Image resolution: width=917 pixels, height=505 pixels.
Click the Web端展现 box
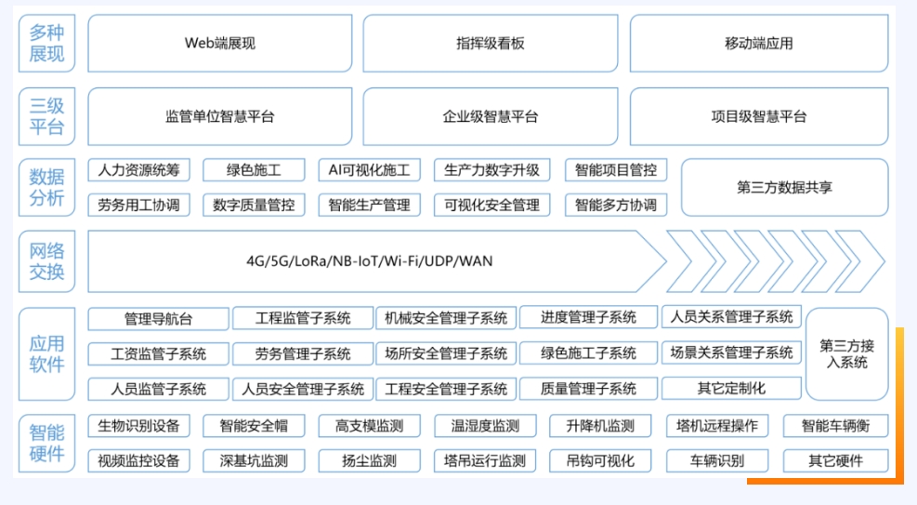220,43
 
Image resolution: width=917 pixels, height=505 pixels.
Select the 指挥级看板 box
491,43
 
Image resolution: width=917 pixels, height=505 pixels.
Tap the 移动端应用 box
759,43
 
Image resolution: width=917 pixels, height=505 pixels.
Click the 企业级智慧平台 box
491,117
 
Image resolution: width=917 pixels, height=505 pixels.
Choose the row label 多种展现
47,43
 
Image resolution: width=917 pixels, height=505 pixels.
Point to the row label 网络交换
47,261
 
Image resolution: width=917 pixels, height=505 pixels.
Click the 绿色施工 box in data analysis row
254,170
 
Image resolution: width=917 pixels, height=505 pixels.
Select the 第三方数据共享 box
784,187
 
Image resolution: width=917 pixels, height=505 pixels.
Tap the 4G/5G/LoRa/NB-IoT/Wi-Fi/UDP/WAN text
370,261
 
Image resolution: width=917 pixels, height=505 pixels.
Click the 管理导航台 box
158,319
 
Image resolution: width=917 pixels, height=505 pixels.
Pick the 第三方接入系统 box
846,353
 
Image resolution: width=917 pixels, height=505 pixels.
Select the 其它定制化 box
731,388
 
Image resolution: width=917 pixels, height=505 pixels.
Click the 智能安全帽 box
254,426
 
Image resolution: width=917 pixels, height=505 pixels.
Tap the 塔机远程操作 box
717,426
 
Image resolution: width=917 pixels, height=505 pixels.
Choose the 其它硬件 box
835,460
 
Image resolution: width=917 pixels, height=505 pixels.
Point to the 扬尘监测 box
369,460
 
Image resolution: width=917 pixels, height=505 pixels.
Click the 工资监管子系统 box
158,353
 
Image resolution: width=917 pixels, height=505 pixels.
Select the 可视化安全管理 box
491,205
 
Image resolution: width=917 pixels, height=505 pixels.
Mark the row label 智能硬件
47,443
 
